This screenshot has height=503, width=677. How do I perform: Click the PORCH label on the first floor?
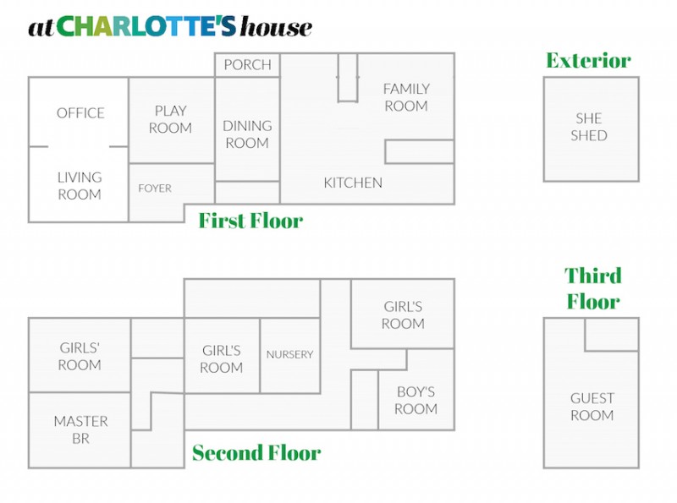point(247,65)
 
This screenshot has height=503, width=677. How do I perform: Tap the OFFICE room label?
point(80,113)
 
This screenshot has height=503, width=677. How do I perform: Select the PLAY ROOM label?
point(171,119)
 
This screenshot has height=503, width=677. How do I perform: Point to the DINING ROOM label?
point(247,134)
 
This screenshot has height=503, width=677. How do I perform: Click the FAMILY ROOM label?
point(406,97)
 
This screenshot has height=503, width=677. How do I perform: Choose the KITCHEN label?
point(353,183)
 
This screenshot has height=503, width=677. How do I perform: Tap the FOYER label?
point(155,188)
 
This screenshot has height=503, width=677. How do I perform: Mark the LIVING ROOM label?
point(80,186)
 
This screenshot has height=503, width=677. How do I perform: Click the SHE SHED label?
point(589,127)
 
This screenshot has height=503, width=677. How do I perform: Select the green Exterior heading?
point(588,60)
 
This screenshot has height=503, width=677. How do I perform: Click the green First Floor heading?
point(250,221)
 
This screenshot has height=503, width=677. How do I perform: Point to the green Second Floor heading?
point(256,453)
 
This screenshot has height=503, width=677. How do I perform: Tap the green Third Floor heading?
point(593,288)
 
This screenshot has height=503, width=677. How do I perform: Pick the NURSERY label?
point(289,354)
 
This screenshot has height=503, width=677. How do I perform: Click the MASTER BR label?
point(80,429)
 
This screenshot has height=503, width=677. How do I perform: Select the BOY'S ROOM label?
point(416,401)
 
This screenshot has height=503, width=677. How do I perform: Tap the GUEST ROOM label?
point(592,407)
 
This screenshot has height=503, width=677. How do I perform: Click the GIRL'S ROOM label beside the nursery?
point(222,359)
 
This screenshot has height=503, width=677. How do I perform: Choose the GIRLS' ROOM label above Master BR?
point(80,357)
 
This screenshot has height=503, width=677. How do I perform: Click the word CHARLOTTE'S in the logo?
point(146,27)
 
